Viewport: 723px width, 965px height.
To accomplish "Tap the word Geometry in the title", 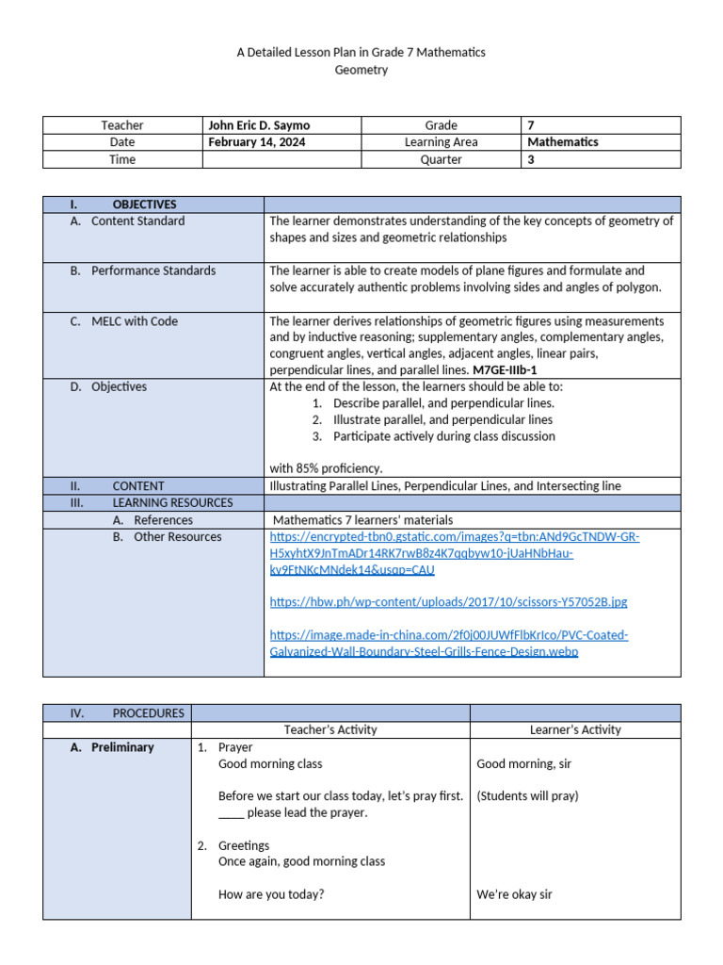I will tap(361, 71).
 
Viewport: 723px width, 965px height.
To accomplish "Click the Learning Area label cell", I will tap(441, 142).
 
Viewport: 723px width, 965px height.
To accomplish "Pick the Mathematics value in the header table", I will tap(563, 142).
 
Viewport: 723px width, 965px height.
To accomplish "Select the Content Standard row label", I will tap(137, 221).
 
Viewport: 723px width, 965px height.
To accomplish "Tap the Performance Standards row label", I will tap(153, 271).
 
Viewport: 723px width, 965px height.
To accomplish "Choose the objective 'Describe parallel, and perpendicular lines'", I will tap(442, 403).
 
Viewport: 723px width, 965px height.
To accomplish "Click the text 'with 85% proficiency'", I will tap(326, 468).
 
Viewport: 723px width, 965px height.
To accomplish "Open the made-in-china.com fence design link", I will tap(448, 644).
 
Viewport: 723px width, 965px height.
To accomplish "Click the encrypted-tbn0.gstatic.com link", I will tap(454, 553).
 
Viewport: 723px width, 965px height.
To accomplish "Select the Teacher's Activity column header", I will tap(330, 729).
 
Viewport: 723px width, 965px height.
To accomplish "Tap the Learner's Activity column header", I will tap(574, 729).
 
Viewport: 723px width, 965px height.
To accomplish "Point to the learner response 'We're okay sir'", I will tap(514, 895).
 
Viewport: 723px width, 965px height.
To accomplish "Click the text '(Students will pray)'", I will tap(527, 796).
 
